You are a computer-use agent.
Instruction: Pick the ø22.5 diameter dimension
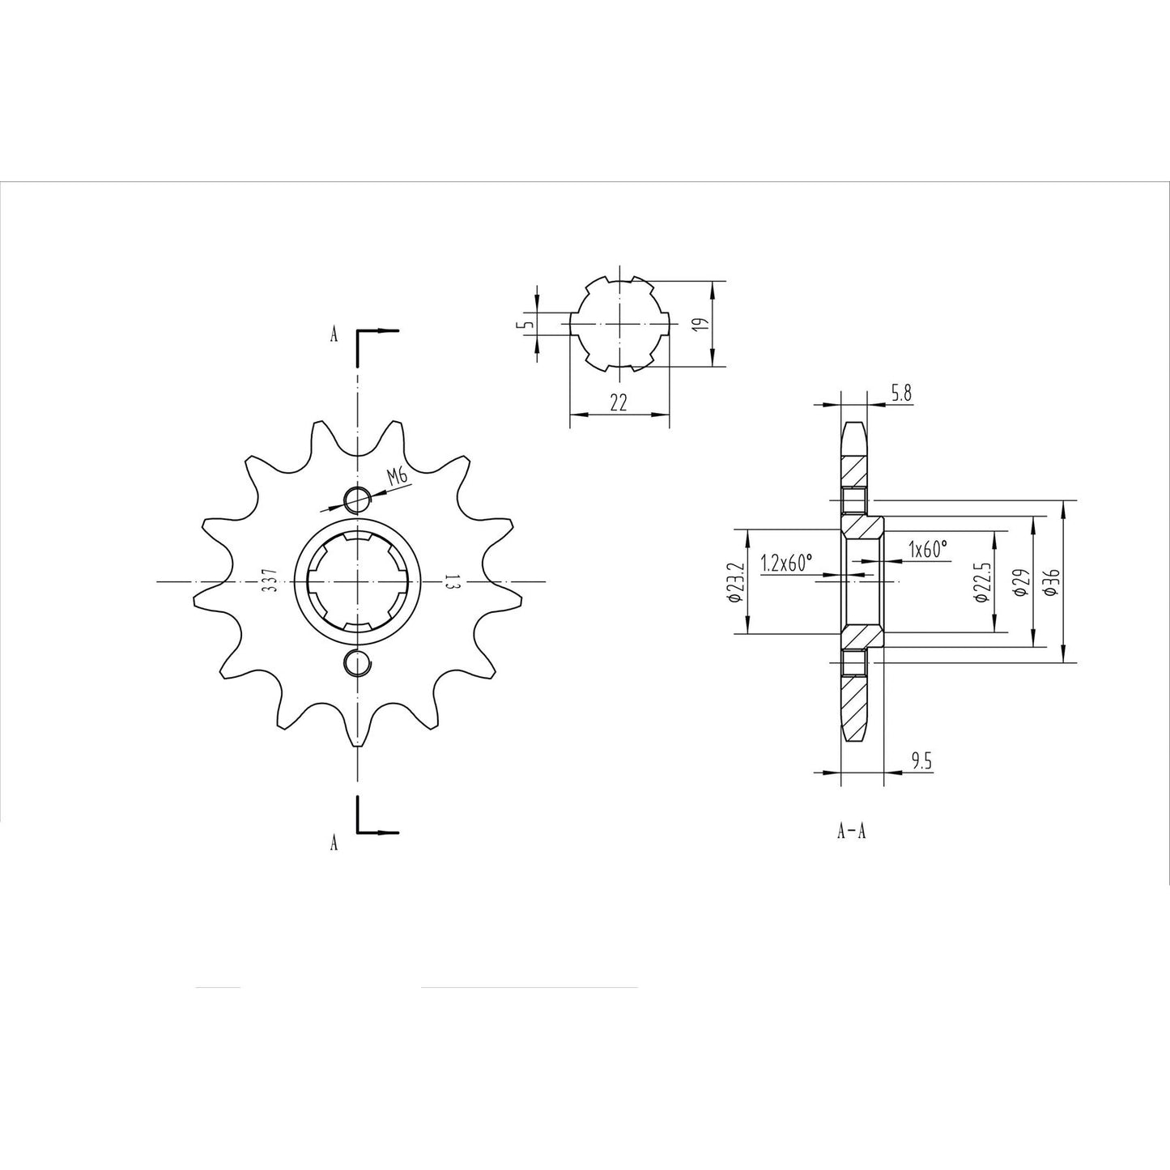[981, 582]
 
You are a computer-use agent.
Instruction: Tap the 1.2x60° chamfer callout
[785, 564]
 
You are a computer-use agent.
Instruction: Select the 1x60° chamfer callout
[927, 550]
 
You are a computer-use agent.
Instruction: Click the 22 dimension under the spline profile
[619, 404]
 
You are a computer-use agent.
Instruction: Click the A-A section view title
[852, 832]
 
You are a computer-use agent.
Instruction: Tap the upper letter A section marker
[334, 334]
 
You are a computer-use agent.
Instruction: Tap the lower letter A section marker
[334, 844]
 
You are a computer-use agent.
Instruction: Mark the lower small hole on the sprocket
[356, 662]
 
